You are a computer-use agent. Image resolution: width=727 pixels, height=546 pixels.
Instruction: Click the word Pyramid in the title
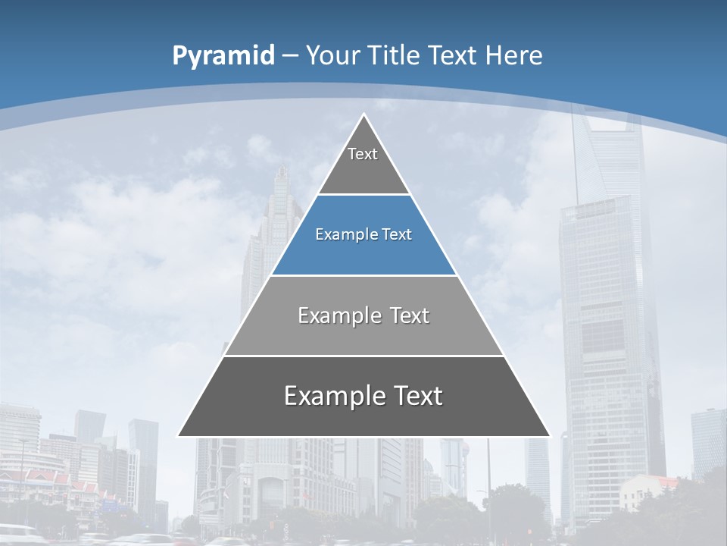point(223,55)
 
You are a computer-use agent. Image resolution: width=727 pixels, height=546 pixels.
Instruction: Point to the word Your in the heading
point(333,55)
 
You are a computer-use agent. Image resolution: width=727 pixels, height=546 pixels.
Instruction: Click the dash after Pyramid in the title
point(290,56)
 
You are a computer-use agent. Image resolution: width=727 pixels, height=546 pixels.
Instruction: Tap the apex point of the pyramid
point(363,115)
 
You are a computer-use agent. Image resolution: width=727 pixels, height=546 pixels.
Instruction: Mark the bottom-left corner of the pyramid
point(179,436)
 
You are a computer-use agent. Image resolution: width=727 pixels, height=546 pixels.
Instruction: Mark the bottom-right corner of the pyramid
point(549,436)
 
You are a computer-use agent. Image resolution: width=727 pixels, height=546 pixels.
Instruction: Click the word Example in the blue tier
point(339,235)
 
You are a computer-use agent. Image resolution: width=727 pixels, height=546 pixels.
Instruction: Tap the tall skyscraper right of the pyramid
point(606,318)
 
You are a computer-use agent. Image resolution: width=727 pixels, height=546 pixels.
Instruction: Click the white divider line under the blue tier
point(363,275)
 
